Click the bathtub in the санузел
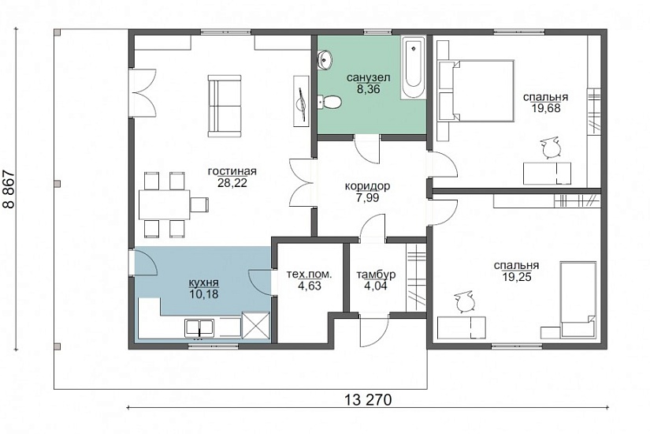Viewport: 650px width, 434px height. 413,68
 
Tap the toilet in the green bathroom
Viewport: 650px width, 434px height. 329,101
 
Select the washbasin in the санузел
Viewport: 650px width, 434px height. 324,59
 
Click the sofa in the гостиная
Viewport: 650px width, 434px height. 225,106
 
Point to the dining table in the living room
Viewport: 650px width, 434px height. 164,204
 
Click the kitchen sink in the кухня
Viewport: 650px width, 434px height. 199,327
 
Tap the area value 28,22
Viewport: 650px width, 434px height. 232,183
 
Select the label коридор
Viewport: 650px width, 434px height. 367,186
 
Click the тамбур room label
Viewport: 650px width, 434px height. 376,275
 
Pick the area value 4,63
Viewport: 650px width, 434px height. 310,286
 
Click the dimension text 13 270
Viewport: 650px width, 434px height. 368,400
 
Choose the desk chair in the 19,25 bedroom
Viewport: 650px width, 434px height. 463,301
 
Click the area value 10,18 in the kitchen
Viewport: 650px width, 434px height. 203,294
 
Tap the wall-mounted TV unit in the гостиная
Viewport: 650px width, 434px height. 302,101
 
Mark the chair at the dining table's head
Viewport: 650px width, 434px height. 199,204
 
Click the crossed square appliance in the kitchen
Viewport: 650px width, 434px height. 254,325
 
